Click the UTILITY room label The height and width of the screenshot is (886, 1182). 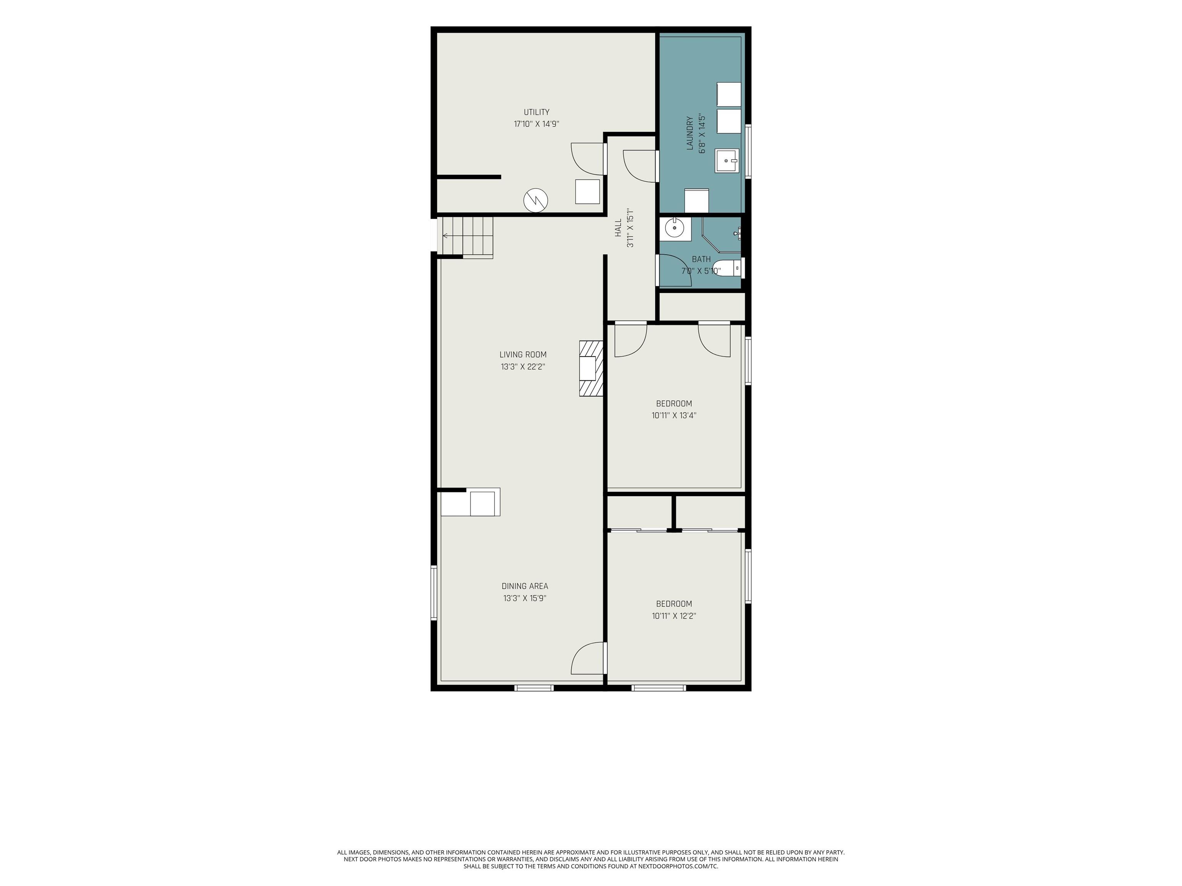click(536, 112)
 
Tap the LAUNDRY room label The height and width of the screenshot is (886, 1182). click(689, 133)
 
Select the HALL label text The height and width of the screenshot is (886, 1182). click(618, 228)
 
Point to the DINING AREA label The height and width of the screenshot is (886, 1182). click(525, 586)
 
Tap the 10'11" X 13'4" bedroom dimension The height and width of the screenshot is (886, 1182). click(674, 415)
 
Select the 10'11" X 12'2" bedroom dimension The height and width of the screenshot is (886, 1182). click(674, 616)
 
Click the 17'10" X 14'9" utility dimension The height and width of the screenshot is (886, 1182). click(536, 124)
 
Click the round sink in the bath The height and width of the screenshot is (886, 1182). click(674, 228)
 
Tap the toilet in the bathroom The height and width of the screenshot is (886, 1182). click(727, 267)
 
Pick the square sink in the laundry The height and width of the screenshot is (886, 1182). click(727, 161)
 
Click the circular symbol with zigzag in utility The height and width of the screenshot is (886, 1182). click(536, 200)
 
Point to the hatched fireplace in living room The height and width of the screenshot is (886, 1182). click(591, 368)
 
